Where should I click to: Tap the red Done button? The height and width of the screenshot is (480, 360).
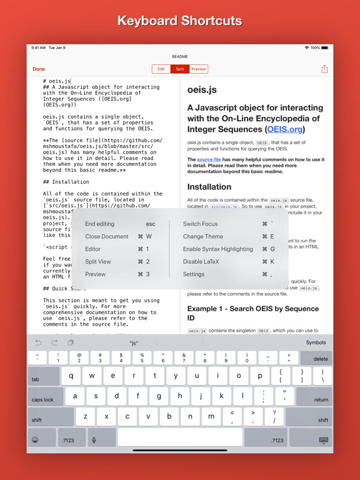[x=39, y=69]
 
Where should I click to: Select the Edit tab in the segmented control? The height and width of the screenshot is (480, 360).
[x=161, y=69]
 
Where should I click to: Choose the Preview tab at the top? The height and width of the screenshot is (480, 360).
[x=199, y=69]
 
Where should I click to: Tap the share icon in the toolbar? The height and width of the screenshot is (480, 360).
[x=324, y=69]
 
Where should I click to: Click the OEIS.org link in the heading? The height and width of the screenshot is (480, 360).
[x=284, y=129]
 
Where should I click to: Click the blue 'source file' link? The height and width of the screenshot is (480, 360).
[x=209, y=159]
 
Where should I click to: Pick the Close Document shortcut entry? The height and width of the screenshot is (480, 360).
[x=107, y=237]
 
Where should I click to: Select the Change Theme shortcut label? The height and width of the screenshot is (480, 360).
[x=202, y=237]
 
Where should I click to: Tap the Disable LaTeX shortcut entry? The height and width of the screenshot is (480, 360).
[x=201, y=262]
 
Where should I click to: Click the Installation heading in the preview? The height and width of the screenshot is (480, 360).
[x=209, y=186]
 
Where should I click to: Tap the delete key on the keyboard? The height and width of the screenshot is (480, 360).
[x=320, y=359]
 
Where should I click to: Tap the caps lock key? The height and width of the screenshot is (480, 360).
[x=43, y=399]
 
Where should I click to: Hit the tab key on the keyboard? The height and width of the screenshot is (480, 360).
[x=36, y=379]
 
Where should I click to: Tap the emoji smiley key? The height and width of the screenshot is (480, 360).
[x=35, y=440]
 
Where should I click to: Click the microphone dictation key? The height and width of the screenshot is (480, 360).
[x=94, y=440]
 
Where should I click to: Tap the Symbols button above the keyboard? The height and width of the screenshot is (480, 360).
[x=316, y=342]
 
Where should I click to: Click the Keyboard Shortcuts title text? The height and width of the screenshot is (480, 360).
[x=180, y=21]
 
